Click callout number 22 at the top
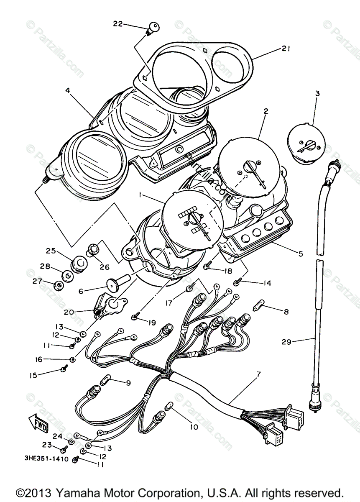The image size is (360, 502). coord(118,24)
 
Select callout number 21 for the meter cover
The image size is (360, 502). coord(286,49)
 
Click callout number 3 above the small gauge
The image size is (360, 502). coord(317,94)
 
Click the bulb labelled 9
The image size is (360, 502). coord(105,380)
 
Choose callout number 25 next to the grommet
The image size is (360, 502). coord(51,251)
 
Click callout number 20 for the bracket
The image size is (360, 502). coord(69,312)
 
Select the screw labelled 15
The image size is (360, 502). coord(64,369)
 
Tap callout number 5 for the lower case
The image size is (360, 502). coord(301,254)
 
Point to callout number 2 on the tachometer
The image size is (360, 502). coord(266,111)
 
